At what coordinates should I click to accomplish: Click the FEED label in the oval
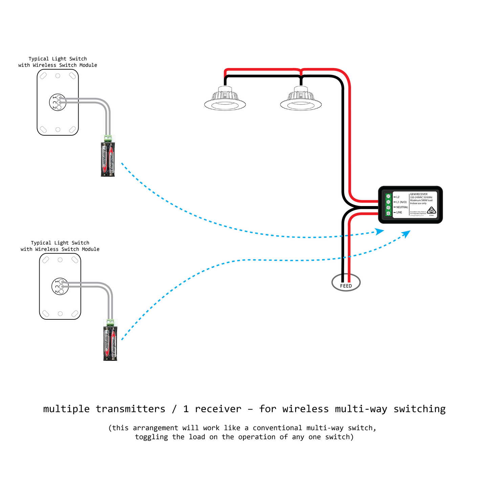[346, 286]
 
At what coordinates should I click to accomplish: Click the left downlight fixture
[225, 99]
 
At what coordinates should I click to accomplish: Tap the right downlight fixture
[301, 99]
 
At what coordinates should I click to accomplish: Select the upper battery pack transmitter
[108, 159]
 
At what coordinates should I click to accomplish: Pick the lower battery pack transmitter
[110, 343]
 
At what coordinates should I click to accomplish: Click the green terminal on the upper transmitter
[108, 138]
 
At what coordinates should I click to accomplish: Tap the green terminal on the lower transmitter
[110, 322]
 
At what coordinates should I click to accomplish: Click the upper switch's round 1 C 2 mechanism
[58, 102]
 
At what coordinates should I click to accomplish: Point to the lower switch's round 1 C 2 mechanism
[60, 286]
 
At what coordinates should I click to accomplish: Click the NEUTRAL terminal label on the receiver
[402, 207]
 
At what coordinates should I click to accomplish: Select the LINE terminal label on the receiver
[399, 213]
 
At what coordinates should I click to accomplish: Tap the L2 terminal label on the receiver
[398, 197]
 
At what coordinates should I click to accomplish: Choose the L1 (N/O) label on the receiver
[401, 202]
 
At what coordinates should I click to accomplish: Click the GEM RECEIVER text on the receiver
[419, 194]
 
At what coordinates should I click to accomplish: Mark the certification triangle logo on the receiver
[431, 210]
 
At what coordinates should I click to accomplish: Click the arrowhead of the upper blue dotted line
[380, 231]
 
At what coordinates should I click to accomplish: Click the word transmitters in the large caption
[131, 409]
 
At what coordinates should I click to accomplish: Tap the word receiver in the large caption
[218, 409]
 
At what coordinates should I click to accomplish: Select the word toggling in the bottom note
[152, 437]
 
